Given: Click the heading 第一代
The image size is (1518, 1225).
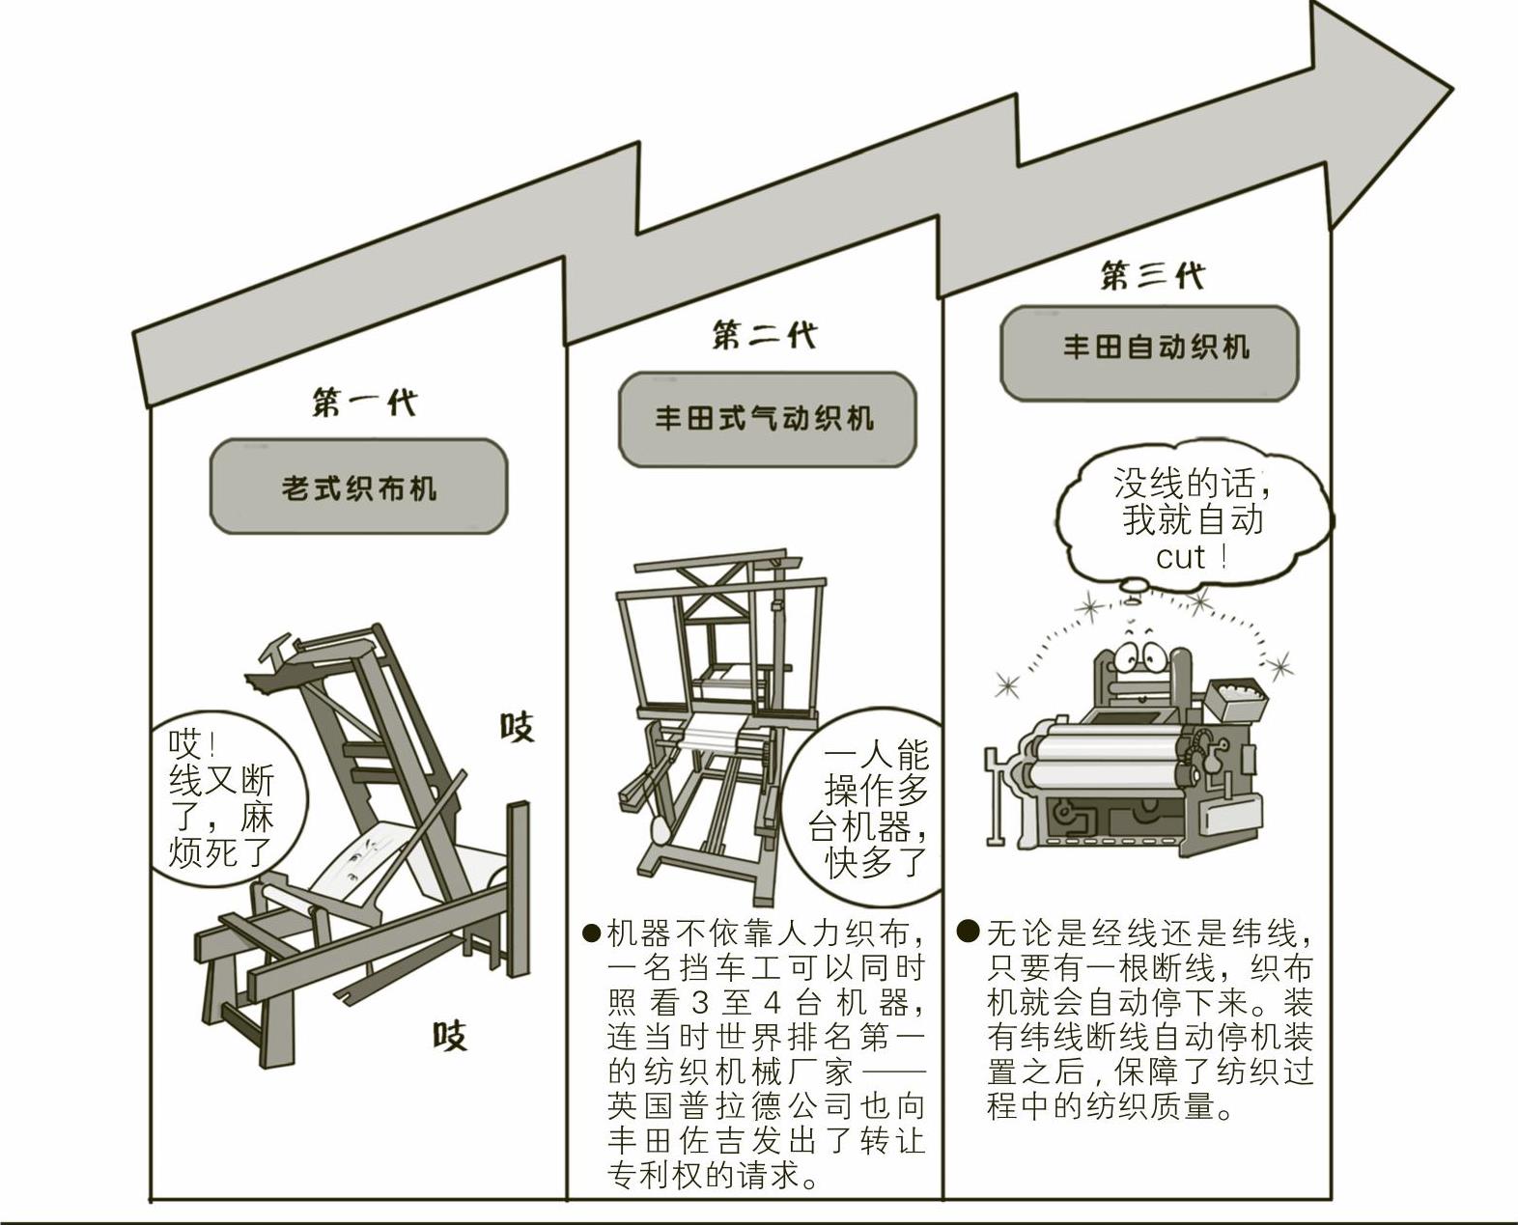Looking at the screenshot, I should click(363, 403).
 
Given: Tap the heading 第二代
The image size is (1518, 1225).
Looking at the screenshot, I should click(764, 336).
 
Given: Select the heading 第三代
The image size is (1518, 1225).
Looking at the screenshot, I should click(1152, 276).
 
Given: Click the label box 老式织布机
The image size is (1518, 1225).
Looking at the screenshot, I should click(358, 487).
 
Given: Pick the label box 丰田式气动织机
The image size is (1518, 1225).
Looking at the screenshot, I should click(767, 419).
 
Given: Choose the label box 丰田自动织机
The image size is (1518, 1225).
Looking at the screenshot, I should click(1149, 348).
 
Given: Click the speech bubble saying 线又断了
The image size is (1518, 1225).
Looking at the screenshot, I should click(222, 797).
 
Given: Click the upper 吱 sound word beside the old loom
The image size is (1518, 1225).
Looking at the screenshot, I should click(517, 726).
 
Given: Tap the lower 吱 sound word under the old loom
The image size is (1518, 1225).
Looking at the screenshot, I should click(449, 1036).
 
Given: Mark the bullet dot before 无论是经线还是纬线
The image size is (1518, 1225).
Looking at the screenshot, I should click(969, 932).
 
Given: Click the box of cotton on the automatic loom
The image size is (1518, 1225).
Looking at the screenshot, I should click(1234, 696).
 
